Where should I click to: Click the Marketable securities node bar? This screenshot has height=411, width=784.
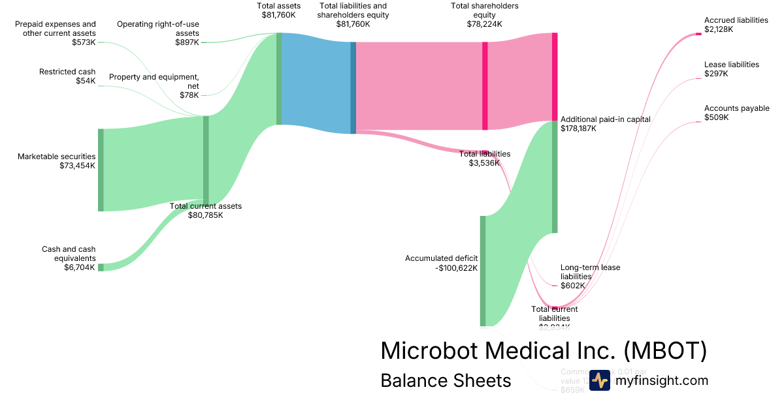point(101,170)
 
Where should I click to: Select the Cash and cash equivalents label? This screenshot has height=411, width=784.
point(69,258)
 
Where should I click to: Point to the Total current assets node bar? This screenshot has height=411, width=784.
point(206,160)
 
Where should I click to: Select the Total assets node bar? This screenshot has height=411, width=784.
point(279,78)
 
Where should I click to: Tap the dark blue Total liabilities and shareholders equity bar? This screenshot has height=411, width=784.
point(353,88)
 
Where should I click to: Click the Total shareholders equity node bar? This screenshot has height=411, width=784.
point(485,85)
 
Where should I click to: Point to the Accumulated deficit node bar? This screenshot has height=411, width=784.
point(483,271)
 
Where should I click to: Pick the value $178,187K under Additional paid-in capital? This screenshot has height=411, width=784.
point(578,129)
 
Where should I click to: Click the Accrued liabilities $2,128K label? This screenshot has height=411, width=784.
point(736,25)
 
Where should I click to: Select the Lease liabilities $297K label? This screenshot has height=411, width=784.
point(731,69)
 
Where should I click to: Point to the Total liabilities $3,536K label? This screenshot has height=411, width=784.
point(484,159)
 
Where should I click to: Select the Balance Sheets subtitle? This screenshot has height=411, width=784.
point(446,380)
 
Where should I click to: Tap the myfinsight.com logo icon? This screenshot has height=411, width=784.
point(600,380)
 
